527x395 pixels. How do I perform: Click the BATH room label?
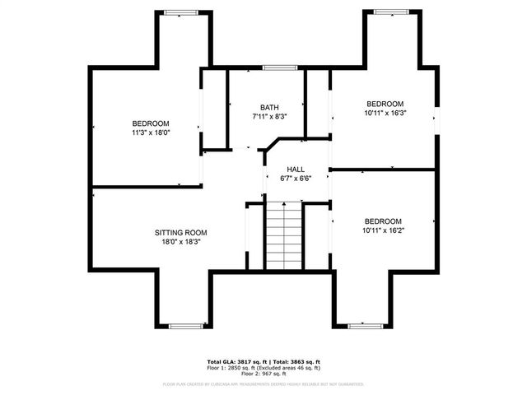pos(269,108)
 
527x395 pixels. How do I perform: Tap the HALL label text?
pos(296,169)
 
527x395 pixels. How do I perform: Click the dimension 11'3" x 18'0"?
pos(151,132)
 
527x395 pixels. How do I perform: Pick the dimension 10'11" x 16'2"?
pos(383,231)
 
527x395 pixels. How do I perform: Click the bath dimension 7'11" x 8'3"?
pos(269,118)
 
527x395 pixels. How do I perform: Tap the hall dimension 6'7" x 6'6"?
pos(296,179)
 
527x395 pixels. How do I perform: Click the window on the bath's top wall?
pos(280,67)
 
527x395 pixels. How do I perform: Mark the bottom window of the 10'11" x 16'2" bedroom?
pos(365,326)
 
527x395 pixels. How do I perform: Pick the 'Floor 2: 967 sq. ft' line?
pos(263,374)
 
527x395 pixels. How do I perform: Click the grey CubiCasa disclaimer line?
pos(263,383)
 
